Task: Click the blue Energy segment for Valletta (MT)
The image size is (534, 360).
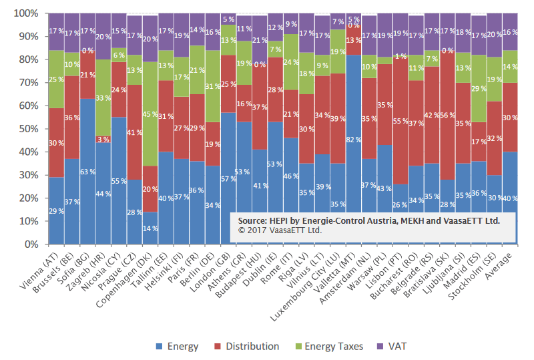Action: [x=354, y=134]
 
